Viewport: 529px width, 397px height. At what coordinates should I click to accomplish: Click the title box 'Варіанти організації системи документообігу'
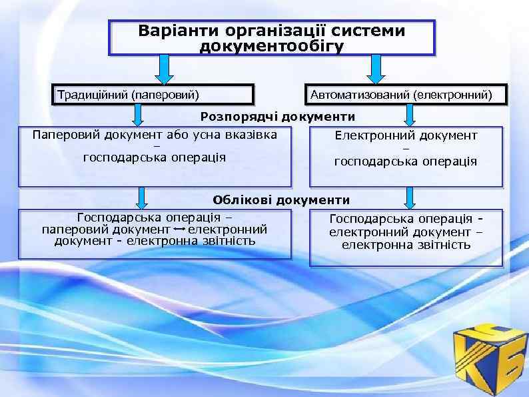(x=272, y=38)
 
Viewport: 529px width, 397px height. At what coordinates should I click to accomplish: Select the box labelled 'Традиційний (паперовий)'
(x=154, y=94)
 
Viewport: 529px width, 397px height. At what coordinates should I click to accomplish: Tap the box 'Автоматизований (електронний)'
(x=406, y=95)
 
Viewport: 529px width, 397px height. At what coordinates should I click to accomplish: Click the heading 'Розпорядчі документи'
(x=278, y=117)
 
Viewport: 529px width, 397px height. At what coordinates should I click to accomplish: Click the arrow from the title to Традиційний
(x=165, y=69)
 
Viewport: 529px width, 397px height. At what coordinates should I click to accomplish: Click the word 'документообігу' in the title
(x=272, y=46)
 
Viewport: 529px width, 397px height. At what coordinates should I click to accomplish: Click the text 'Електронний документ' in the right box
(x=406, y=135)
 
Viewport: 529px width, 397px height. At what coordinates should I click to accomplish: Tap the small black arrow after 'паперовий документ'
(x=179, y=230)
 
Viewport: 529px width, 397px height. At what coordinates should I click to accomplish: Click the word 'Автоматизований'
(x=359, y=95)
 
